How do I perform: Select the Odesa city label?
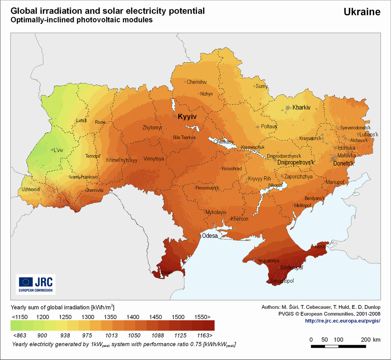point(210,236)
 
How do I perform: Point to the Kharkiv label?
point(301,108)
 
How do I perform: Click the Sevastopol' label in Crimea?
point(282,281)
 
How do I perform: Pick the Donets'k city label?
point(344,163)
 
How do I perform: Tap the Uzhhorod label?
point(31,189)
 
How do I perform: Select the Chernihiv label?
point(197,82)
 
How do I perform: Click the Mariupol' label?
point(335,182)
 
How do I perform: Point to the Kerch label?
point(320,247)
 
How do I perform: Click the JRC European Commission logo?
point(36,284)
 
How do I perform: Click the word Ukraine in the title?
point(362,12)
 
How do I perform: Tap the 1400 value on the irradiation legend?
point(133,317)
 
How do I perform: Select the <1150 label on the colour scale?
point(19,317)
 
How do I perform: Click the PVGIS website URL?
point(343,321)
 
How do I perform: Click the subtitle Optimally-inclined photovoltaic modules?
point(82,20)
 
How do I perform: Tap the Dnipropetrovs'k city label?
point(296,162)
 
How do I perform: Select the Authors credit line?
point(321,307)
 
